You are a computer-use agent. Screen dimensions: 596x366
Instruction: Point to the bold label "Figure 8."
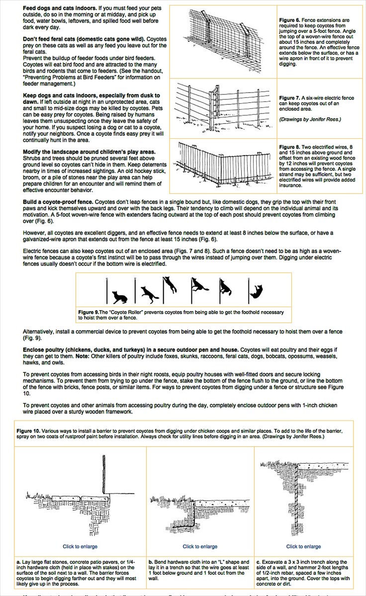pos(289,147)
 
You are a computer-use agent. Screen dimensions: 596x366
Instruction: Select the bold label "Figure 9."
pos(90,312)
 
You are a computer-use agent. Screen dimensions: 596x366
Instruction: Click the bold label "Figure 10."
pos(28,430)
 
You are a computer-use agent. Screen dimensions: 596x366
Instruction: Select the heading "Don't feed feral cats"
pos(52,39)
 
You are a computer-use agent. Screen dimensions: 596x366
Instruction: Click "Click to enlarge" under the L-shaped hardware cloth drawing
pos(200,546)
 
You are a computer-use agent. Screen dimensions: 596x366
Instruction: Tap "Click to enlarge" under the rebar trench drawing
pos(303,546)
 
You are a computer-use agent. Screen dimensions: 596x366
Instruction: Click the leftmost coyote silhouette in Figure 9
pos(119,297)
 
